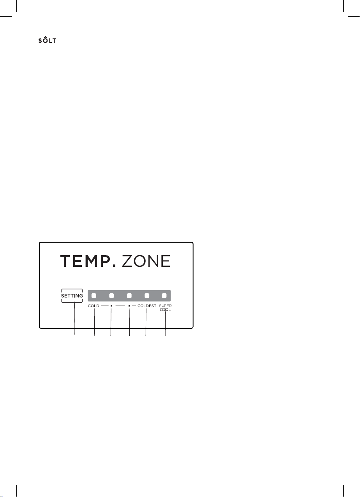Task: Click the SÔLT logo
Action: point(47,40)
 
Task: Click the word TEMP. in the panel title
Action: point(88,261)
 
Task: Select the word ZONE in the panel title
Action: point(146,261)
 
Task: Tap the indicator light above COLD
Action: point(94,296)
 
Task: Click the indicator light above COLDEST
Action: point(147,296)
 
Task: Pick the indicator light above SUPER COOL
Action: point(164,296)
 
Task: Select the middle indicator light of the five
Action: point(129,296)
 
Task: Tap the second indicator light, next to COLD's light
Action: point(111,296)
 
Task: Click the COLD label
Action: point(94,306)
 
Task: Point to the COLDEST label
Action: point(147,306)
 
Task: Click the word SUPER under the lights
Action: point(165,306)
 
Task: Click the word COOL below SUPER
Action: point(165,310)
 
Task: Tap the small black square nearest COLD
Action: point(111,306)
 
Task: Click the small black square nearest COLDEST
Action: point(129,306)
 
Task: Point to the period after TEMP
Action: point(114,265)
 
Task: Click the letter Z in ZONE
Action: point(127,261)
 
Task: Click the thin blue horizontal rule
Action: point(180,75)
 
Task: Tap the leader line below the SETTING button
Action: point(74,319)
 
